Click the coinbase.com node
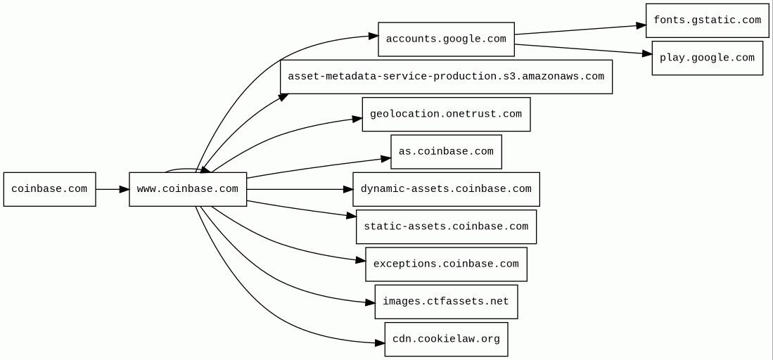point(49,189)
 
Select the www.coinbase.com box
point(188,189)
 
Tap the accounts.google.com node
point(446,39)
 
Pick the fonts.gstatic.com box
point(707,20)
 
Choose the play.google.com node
point(707,58)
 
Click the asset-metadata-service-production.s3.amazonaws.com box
point(446,77)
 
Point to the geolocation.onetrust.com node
point(446,114)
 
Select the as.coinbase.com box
point(446,152)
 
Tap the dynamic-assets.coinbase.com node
point(446,189)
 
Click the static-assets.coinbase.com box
point(446,226)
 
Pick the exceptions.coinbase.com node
point(446,264)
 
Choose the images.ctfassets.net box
point(446,302)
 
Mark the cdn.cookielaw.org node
point(446,339)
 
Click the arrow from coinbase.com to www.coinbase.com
point(112,189)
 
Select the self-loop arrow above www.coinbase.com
point(184,169)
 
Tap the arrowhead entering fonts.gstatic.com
point(641,25)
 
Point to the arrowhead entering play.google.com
point(647,53)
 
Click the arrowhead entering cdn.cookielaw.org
point(380,343)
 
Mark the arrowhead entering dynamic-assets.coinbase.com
point(347,189)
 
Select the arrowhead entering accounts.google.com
point(373,35)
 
